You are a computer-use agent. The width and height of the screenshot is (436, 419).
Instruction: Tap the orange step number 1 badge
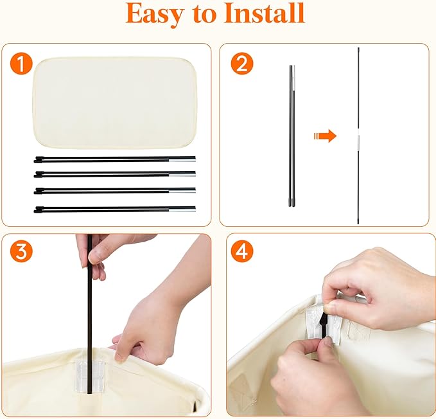(x=21, y=64)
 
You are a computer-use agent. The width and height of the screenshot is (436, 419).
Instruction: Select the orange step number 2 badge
(x=242, y=64)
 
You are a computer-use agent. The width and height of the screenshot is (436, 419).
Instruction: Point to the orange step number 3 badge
(x=21, y=251)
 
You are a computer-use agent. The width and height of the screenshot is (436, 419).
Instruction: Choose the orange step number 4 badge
(x=242, y=251)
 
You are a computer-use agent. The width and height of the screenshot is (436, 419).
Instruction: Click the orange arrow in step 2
(x=325, y=136)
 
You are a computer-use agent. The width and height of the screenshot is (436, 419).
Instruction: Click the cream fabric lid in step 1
(x=115, y=103)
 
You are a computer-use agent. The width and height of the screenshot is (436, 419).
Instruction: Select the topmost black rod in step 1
(x=114, y=159)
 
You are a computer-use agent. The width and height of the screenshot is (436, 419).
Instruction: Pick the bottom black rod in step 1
(x=114, y=209)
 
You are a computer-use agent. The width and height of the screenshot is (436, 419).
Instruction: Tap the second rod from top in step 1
(x=114, y=174)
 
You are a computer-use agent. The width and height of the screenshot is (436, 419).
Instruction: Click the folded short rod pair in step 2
(x=292, y=136)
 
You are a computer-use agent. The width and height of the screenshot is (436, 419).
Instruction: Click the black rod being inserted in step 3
(x=89, y=314)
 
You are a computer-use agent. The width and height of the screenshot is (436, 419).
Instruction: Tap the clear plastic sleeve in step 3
(x=91, y=376)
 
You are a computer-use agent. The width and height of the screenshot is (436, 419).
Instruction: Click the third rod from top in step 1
(x=114, y=191)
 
